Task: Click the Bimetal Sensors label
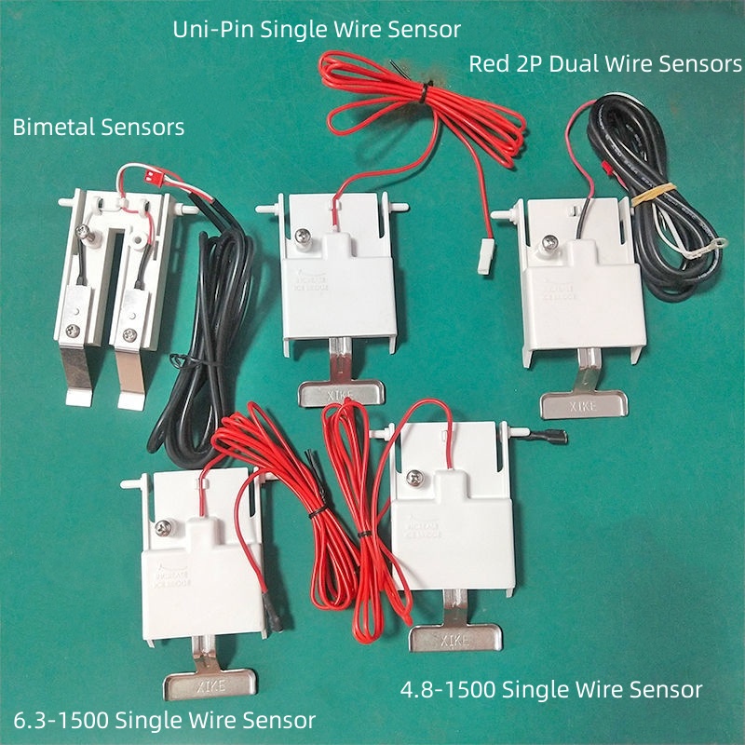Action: click(x=98, y=128)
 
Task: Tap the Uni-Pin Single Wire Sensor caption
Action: click(x=317, y=30)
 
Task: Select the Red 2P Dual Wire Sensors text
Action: click(x=605, y=64)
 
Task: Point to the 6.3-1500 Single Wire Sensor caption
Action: click(x=165, y=720)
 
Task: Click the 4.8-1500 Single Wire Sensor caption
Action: click(x=550, y=690)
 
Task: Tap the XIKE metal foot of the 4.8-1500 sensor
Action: click(x=455, y=638)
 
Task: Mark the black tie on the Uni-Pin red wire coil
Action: click(x=427, y=88)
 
